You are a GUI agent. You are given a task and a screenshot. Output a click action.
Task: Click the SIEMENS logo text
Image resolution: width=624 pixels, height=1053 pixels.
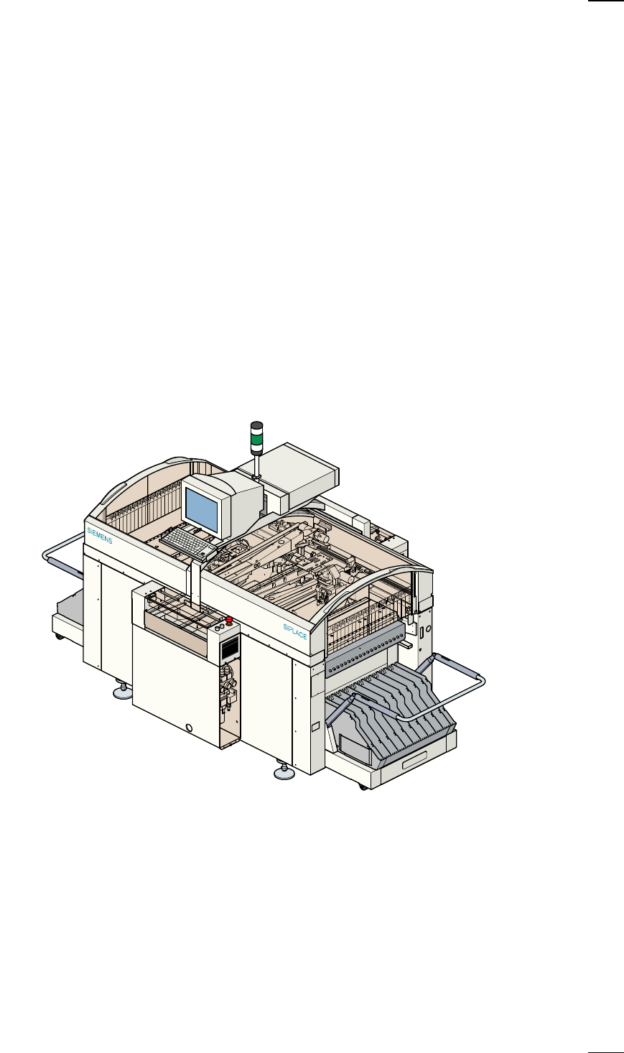(x=100, y=535)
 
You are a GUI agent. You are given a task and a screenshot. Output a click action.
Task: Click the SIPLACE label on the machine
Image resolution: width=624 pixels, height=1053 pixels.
(x=295, y=632)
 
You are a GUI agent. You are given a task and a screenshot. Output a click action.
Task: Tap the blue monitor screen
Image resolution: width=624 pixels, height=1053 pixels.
(x=202, y=509)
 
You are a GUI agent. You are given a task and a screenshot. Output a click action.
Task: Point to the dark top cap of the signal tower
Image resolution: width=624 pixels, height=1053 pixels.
(x=256, y=425)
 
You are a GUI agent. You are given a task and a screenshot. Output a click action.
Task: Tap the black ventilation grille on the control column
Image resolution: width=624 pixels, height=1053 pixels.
(x=230, y=649)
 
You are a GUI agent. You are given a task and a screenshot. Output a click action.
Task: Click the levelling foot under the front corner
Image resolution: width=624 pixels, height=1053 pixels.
(x=284, y=772)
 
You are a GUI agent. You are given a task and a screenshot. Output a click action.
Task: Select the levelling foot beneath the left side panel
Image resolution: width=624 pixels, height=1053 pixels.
(x=123, y=692)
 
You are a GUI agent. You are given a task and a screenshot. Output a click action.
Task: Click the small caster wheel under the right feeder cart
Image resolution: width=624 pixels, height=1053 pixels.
(x=363, y=787)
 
